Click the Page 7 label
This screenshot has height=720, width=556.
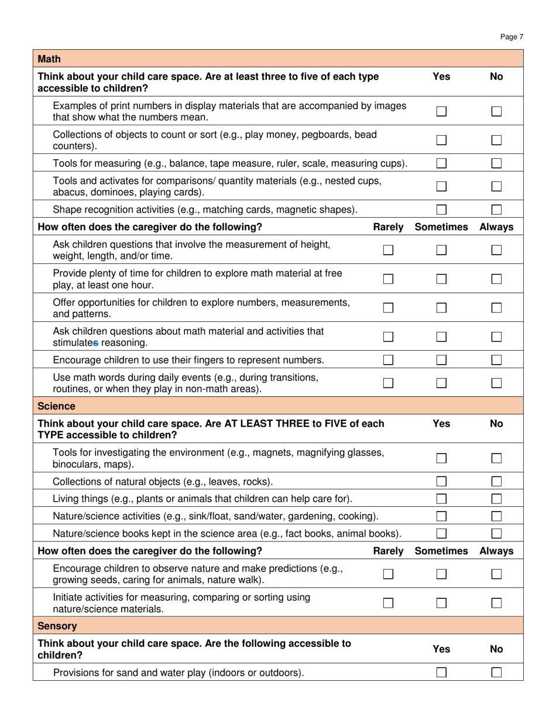512,37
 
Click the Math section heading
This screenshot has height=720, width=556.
49,59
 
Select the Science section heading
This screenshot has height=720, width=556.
56,406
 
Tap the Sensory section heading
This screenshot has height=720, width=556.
57,626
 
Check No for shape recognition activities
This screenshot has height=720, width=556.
496,210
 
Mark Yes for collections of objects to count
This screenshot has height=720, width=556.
441,140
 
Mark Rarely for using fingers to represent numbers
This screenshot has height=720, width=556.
388,359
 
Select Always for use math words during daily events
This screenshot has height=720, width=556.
496,383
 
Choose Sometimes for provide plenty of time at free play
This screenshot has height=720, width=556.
441,279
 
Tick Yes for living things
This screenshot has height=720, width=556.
441,499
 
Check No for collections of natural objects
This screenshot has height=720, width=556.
496,482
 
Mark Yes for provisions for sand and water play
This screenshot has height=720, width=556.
441,673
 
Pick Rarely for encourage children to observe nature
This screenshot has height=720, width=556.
388,574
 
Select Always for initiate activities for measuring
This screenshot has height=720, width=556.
496,602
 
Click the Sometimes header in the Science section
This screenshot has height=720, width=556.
441,551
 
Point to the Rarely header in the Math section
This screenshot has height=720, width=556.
388,227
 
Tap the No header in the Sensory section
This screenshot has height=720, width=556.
496,649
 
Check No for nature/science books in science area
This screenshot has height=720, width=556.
496,533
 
